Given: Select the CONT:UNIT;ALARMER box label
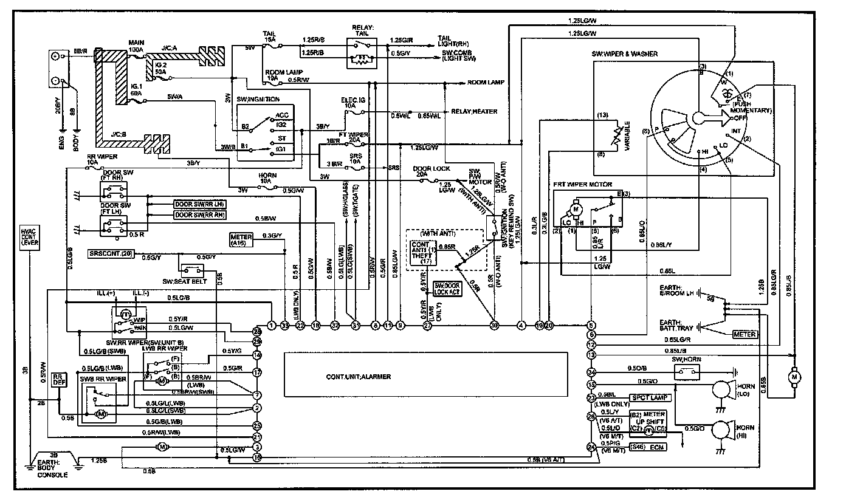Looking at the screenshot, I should pyautogui.click(x=358, y=377).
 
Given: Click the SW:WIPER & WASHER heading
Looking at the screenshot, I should pyautogui.click(x=624, y=54).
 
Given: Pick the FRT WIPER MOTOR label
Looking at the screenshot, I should pyautogui.click(x=583, y=184).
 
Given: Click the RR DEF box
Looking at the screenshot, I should pyautogui.click(x=59, y=380).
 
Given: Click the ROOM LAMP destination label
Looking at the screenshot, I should pyautogui.click(x=484, y=82).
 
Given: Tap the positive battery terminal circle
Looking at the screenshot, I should pyautogui.click(x=56, y=57).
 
